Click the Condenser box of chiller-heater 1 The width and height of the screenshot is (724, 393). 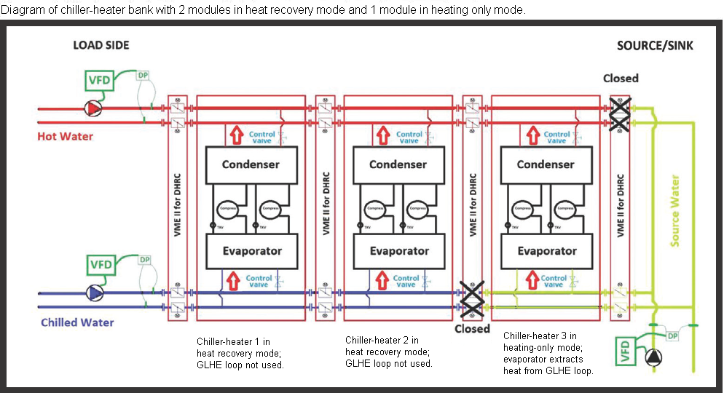(x=251, y=164)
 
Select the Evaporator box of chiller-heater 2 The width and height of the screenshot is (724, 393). (x=398, y=251)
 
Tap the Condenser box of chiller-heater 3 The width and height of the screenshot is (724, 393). (x=546, y=164)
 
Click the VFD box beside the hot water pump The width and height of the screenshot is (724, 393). (x=100, y=79)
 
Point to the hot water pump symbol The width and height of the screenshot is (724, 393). (x=94, y=108)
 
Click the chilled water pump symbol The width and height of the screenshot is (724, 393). (x=94, y=293)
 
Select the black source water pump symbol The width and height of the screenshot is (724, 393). (x=654, y=357)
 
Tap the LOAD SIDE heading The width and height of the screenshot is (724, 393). (x=101, y=45)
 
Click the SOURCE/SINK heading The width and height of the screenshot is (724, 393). (x=655, y=46)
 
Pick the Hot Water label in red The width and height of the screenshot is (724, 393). (x=66, y=137)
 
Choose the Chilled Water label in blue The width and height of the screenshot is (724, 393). (x=77, y=322)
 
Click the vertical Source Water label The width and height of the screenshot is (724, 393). (x=675, y=210)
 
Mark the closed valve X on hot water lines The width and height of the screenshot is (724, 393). (x=620, y=115)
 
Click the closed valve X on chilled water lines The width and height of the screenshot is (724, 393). (x=473, y=300)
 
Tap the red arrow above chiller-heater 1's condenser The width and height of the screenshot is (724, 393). (x=236, y=135)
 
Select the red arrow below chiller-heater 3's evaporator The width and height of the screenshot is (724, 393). (x=531, y=279)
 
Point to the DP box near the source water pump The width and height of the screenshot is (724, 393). (x=672, y=336)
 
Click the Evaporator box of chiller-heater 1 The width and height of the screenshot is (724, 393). (x=251, y=251)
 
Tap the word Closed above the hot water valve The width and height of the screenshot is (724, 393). (x=621, y=79)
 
